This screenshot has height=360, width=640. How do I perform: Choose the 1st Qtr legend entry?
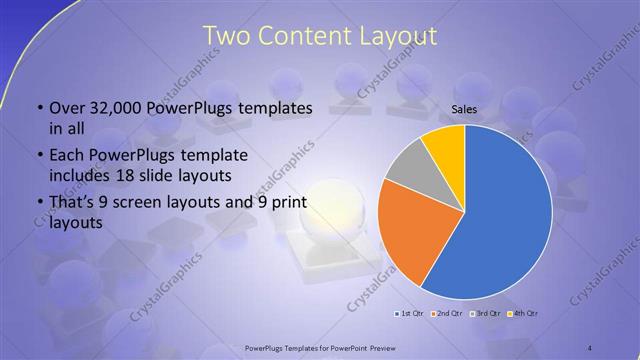(x=409, y=315)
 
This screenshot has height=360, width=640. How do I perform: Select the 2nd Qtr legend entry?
(x=448, y=315)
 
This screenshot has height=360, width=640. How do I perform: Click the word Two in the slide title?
(x=226, y=36)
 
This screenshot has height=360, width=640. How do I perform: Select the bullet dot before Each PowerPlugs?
(x=39, y=157)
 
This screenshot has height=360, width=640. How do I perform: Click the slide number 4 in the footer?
(x=590, y=347)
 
